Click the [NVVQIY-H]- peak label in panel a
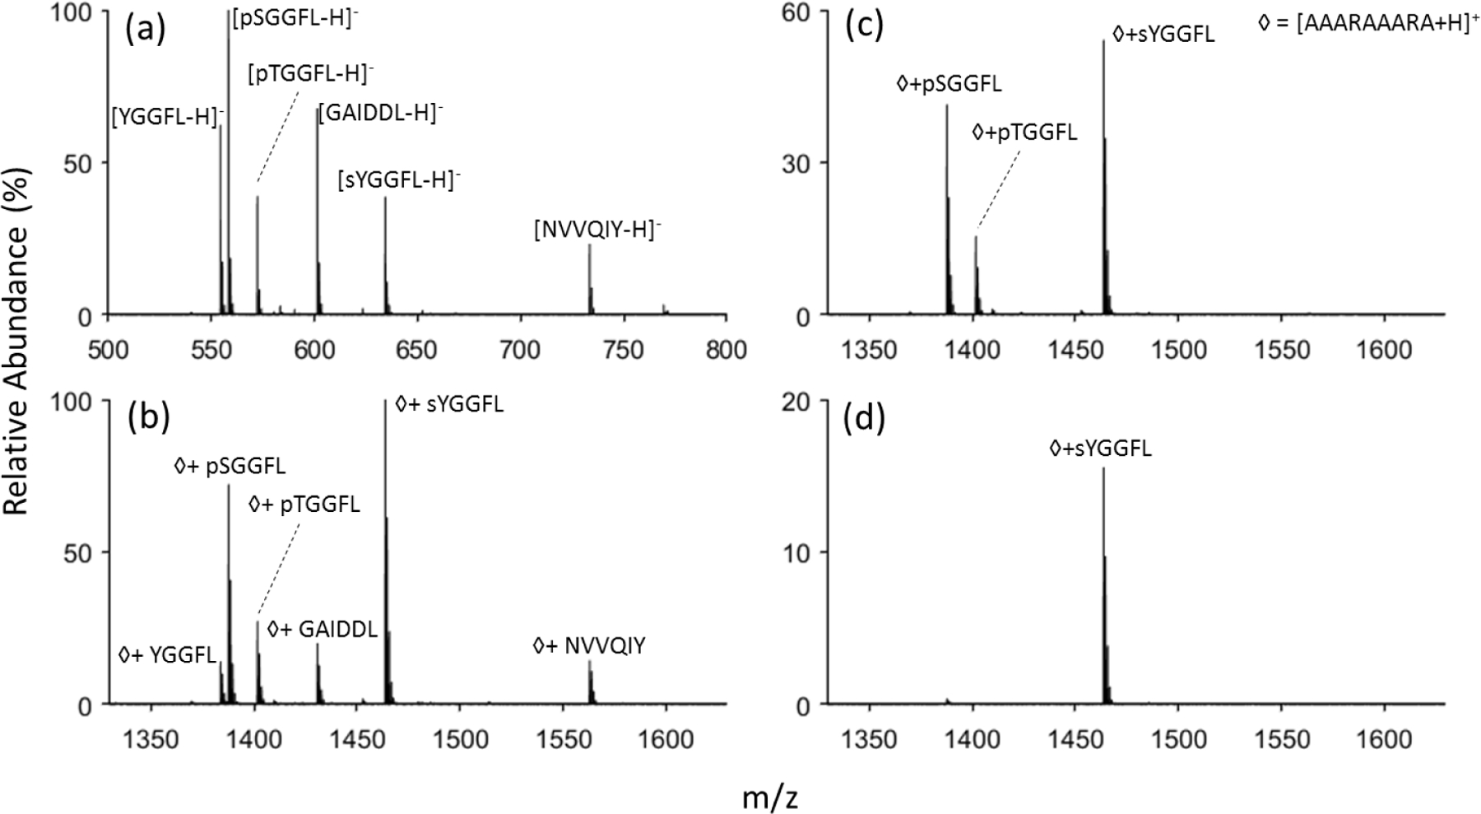tap(597, 230)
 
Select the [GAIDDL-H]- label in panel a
tap(379, 113)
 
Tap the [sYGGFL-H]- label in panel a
tap(398, 179)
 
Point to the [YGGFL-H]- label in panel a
tap(167, 117)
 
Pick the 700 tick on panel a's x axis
tap(520, 350)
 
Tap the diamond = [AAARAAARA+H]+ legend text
tap(1368, 24)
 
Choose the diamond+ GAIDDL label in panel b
tap(323, 630)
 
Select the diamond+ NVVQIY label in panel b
tap(589, 646)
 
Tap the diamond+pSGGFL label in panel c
tap(949, 84)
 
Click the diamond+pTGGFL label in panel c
tap(1024, 132)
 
